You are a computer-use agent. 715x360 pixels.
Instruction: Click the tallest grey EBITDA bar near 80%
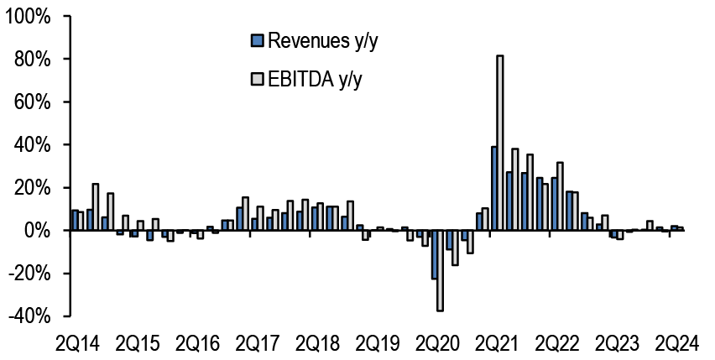tap(500, 143)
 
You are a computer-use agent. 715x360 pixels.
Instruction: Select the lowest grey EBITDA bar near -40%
tap(440, 271)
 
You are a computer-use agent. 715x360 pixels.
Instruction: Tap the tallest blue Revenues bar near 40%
tap(493, 188)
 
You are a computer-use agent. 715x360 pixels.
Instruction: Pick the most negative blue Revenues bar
tap(434, 255)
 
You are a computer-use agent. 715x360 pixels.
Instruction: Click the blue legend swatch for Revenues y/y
tap(257, 41)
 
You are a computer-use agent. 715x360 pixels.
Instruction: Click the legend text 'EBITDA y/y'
tap(315, 81)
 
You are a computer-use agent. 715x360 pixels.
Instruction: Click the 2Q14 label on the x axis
tap(78, 344)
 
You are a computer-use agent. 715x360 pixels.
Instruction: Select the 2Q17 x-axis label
tap(257, 344)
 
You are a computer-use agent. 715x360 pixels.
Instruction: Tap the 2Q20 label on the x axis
tap(437, 344)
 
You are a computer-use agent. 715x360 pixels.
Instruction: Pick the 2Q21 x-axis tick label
tap(497, 344)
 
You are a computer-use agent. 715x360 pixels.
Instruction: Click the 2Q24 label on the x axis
tap(676, 344)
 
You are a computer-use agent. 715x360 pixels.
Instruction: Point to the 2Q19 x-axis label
tap(377, 344)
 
